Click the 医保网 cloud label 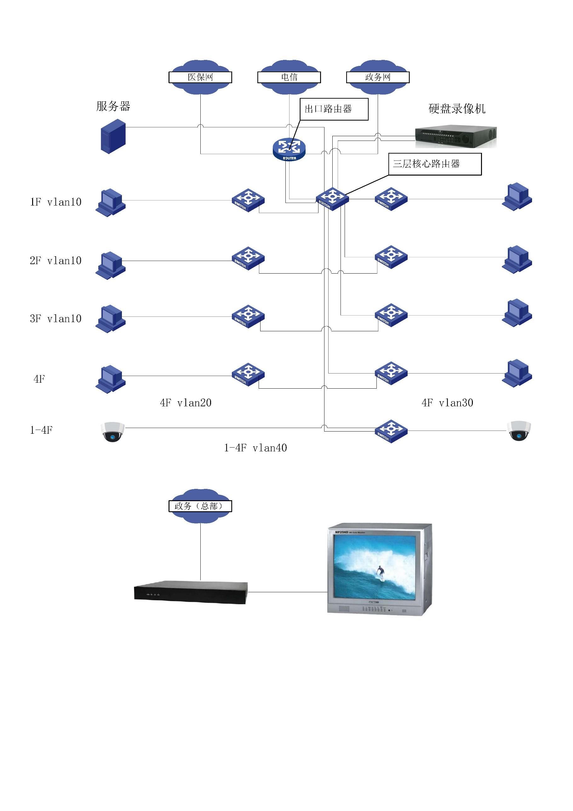[x=200, y=77]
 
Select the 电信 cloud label [x=289, y=77]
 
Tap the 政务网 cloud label [x=378, y=77]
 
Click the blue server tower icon [x=113, y=136]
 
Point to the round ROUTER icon [x=289, y=149]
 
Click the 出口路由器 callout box [x=334, y=109]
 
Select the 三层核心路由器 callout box [x=435, y=164]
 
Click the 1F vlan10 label [x=56, y=202]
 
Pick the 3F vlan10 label [x=56, y=319]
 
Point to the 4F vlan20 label [x=186, y=403]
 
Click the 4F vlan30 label [x=447, y=403]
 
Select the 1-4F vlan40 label [x=255, y=448]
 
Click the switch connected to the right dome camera [x=391, y=431]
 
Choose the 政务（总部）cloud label [x=200, y=506]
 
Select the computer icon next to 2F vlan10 [x=111, y=265]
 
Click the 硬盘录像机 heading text [x=457, y=109]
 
